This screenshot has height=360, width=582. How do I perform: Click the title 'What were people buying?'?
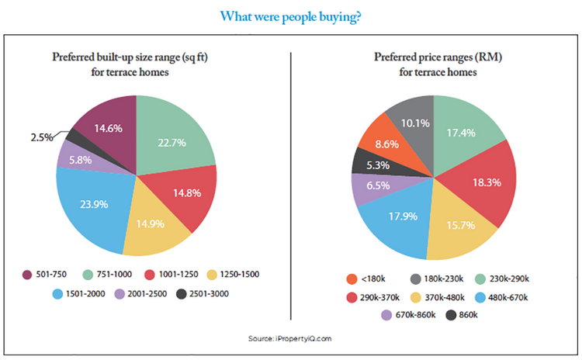click(290, 16)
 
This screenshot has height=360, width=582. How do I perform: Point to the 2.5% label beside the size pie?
click(41, 137)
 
